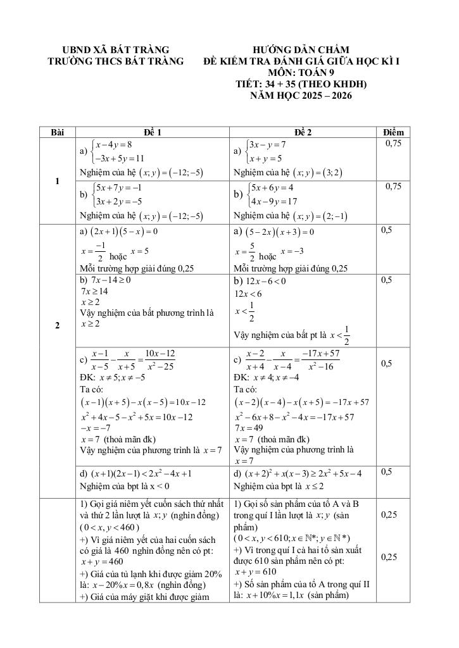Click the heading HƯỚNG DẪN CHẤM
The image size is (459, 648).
click(x=301, y=49)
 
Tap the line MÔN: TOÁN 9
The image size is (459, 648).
click(x=301, y=73)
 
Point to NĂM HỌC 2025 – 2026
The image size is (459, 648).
click(x=301, y=96)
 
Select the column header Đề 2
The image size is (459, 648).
click(x=303, y=132)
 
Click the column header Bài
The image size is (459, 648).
click(x=58, y=132)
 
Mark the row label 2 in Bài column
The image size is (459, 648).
click(x=58, y=326)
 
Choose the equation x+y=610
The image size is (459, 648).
click(x=255, y=571)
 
